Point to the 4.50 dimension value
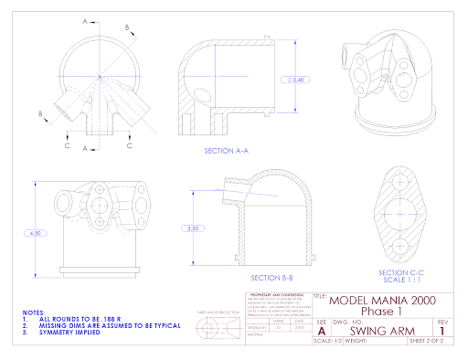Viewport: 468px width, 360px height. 37,233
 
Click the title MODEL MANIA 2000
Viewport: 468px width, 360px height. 382,300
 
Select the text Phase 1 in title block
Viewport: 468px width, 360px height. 382,312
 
